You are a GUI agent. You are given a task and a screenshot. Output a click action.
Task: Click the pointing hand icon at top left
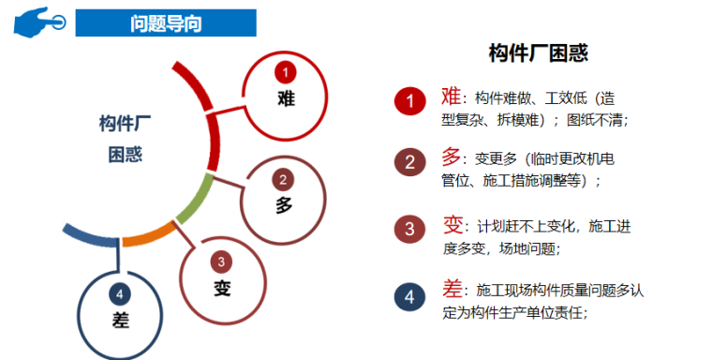click(38, 21)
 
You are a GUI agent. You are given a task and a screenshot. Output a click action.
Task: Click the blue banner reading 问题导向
click(165, 22)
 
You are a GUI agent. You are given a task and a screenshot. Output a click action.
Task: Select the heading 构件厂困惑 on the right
click(539, 53)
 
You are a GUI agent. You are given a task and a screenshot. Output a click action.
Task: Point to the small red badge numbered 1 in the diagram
click(286, 71)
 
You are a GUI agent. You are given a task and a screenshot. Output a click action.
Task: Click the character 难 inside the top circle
click(286, 97)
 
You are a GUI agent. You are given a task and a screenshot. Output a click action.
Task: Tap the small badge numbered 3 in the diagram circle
click(221, 262)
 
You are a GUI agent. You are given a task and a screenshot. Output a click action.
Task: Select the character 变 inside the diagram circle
click(221, 287)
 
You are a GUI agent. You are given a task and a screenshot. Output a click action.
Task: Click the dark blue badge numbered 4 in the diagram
click(119, 292)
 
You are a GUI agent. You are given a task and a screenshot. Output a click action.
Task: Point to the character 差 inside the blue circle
click(119, 319)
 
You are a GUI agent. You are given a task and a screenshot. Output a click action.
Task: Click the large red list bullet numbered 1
click(409, 100)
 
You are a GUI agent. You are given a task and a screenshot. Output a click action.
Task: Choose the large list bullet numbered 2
click(409, 162)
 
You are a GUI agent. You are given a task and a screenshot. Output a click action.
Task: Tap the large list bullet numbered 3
click(409, 229)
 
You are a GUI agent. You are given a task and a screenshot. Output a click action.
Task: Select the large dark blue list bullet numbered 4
click(409, 297)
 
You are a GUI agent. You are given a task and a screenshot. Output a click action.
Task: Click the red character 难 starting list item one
click(451, 96)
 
